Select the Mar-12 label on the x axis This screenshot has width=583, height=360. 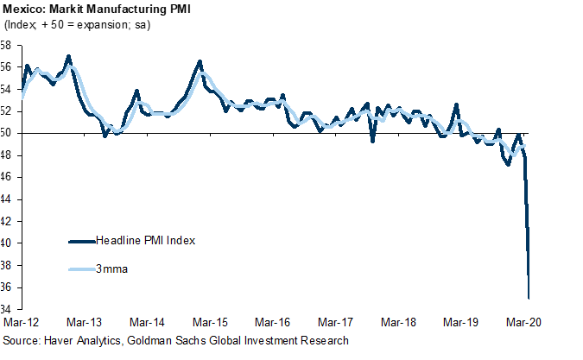click(x=21, y=322)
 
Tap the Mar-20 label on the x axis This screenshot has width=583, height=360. click(x=524, y=322)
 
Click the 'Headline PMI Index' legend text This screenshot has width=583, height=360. click(x=146, y=240)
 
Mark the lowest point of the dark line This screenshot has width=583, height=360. click(x=529, y=298)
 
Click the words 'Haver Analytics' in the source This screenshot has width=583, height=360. click(x=86, y=341)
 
